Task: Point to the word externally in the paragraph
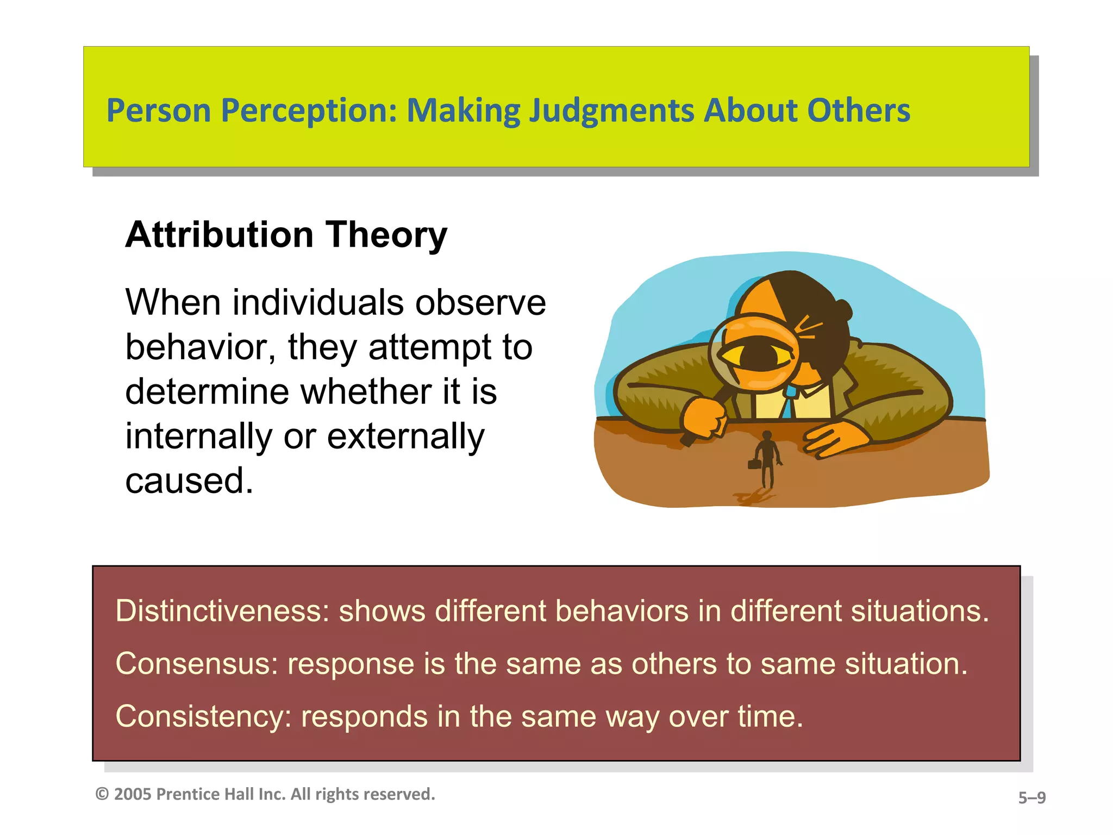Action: tap(405, 436)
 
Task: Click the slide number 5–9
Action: tap(1031, 797)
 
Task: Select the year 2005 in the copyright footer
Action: tap(132, 794)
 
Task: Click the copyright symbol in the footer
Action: tap(102, 794)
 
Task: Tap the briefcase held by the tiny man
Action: tap(754, 464)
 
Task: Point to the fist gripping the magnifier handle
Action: tap(705, 417)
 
